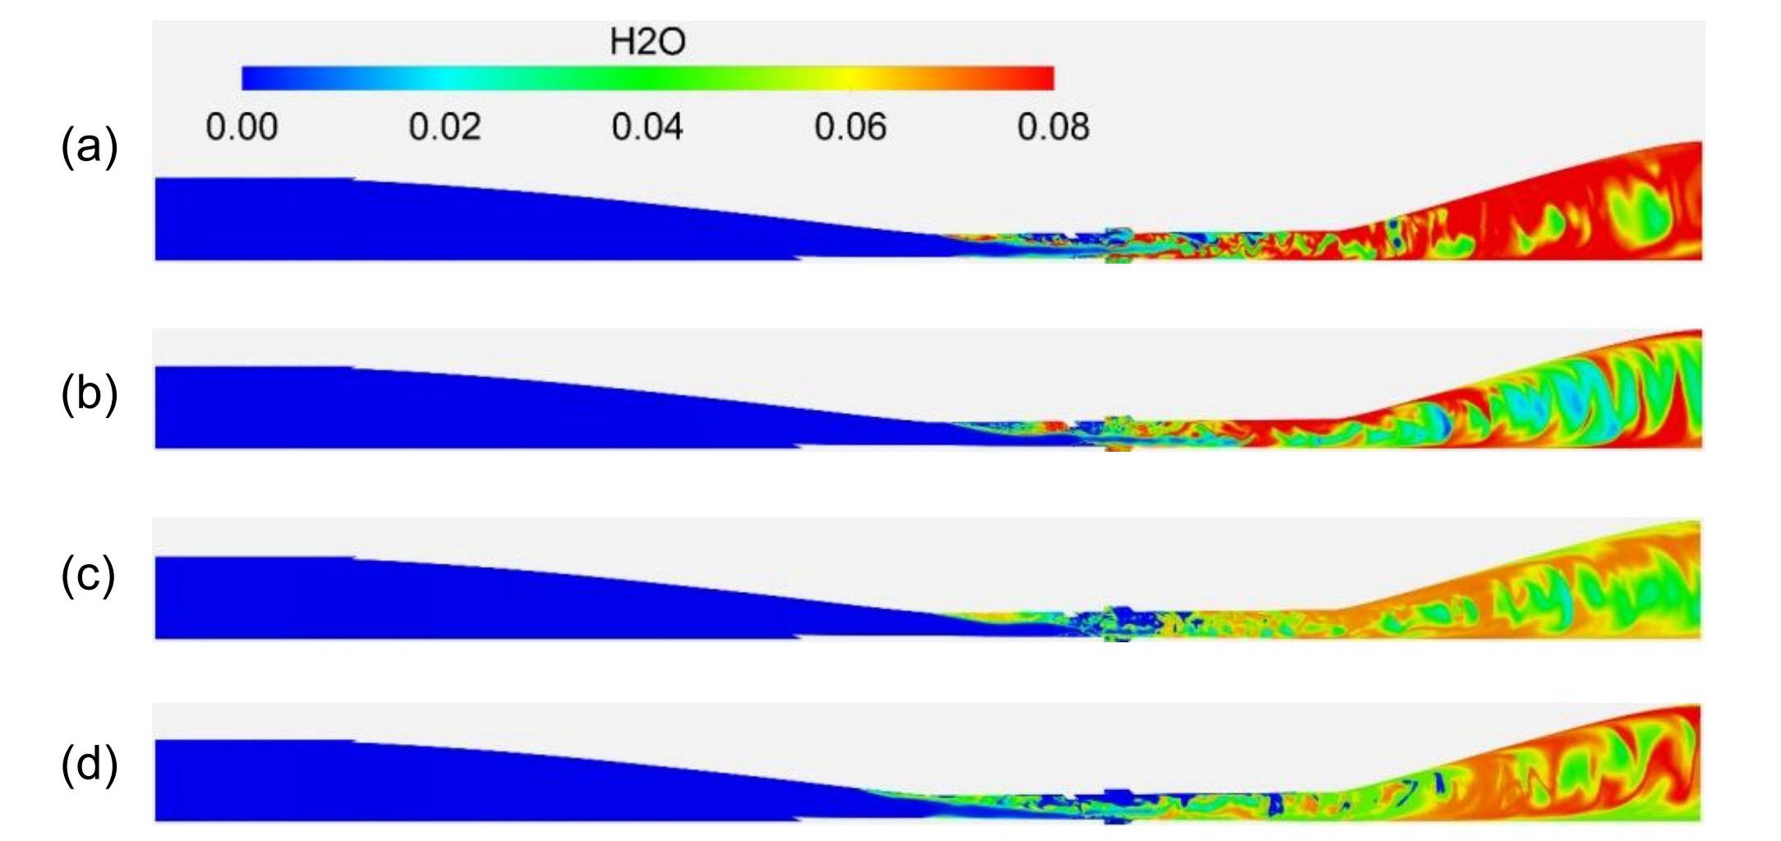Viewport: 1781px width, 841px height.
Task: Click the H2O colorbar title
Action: coord(647,41)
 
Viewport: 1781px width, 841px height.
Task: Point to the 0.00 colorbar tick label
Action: coord(242,127)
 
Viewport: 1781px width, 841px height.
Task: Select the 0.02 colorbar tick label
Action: coord(444,127)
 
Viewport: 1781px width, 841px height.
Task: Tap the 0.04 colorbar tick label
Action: coord(647,127)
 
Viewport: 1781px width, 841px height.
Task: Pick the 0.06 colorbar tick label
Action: coord(850,127)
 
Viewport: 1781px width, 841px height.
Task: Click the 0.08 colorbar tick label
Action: coord(1053,127)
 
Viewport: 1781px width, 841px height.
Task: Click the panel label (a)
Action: coord(90,148)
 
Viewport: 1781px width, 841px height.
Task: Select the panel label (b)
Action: coord(90,393)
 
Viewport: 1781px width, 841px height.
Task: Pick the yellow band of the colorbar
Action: coord(850,78)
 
